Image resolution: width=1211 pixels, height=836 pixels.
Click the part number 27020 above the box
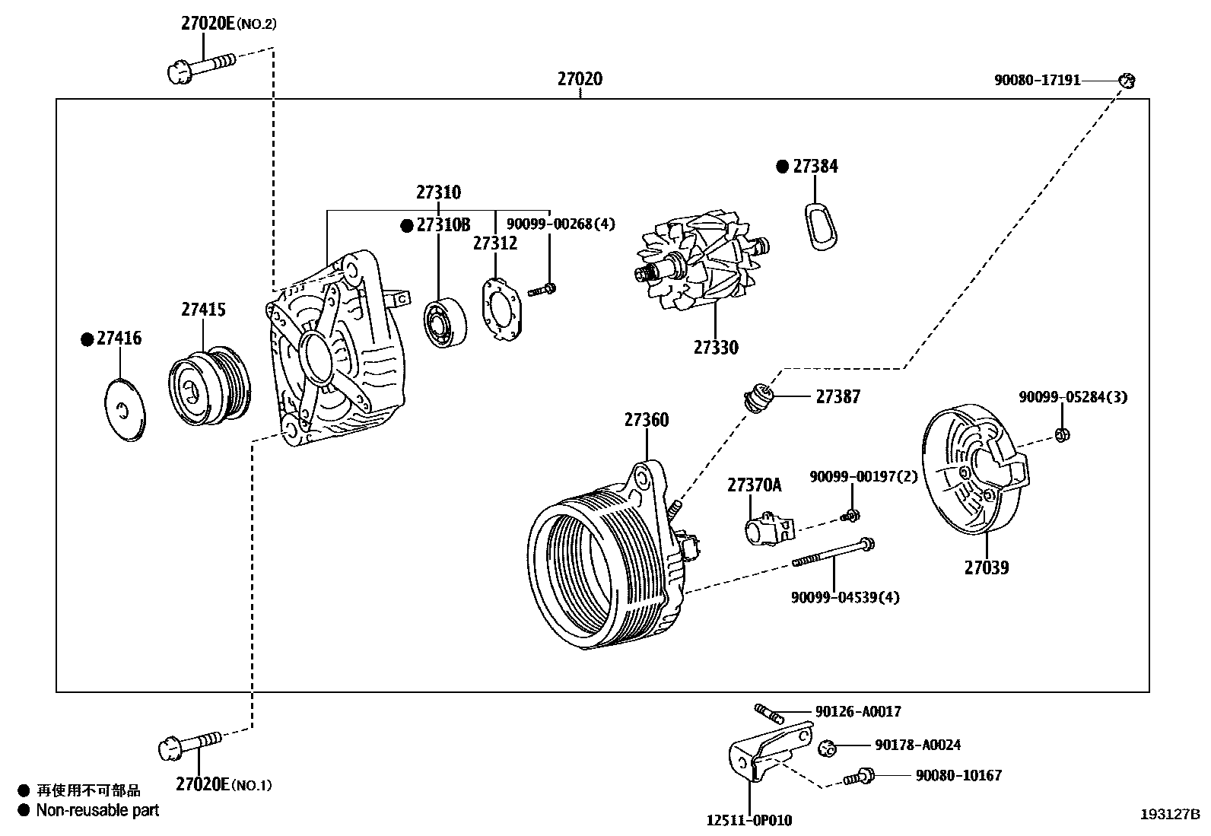point(580,78)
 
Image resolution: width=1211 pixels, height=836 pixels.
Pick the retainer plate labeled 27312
point(502,310)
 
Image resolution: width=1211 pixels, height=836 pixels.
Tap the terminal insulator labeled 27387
point(758,397)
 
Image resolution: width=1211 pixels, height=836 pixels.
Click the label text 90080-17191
point(1037,80)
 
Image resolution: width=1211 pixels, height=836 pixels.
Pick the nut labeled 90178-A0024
point(828,748)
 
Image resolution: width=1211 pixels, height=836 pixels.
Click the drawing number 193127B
point(1168,814)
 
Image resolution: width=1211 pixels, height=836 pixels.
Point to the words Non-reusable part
point(97,810)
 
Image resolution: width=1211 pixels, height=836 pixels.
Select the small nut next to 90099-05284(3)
point(1063,434)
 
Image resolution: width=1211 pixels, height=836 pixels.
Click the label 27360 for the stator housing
point(647,420)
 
